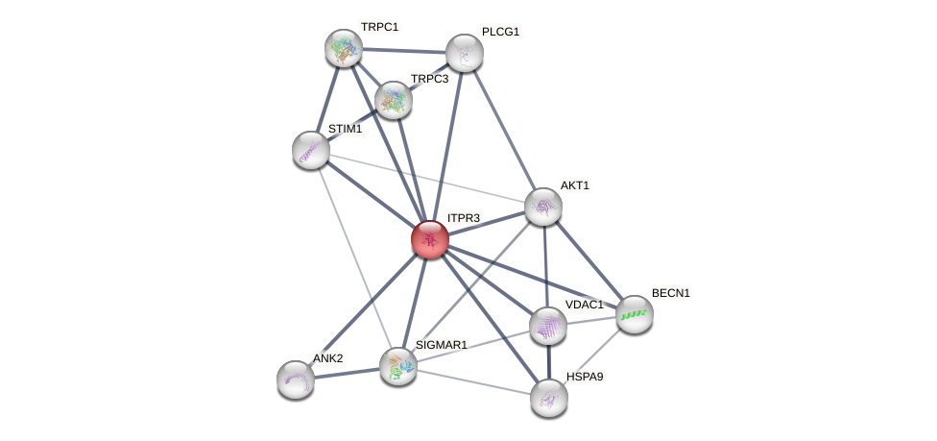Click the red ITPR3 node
pyautogui.click(x=429, y=239)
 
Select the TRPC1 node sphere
pyautogui.click(x=343, y=48)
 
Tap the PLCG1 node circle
pyautogui.click(x=464, y=53)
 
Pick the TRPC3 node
pyautogui.click(x=393, y=99)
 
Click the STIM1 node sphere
pyautogui.click(x=310, y=150)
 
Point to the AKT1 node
pyautogui.click(x=542, y=207)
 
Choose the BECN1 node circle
pyautogui.click(x=634, y=314)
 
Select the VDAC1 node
pyautogui.click(x=548, y=326)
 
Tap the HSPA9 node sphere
pyautogui.click(x=548, y=397)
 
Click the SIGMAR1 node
pyautogui.click(x=397, y=366)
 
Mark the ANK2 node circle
pyautogui.click(x=295, y=379)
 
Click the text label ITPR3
pyautogui.click(x=463, y=218)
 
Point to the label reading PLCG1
pyautogui.click(x=500, y=32)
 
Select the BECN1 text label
pyautogui.click(x=670, y=293)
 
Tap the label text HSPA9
pyautogui.click(x=584, y=376)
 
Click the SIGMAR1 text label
pyautogui.click(x=441, y=345)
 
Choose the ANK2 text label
pyautogui.click(x=327, y=358)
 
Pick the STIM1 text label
pyautogui.click(x=345, y=129)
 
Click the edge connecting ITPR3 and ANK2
pyautogui.click(x=363, y=308)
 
